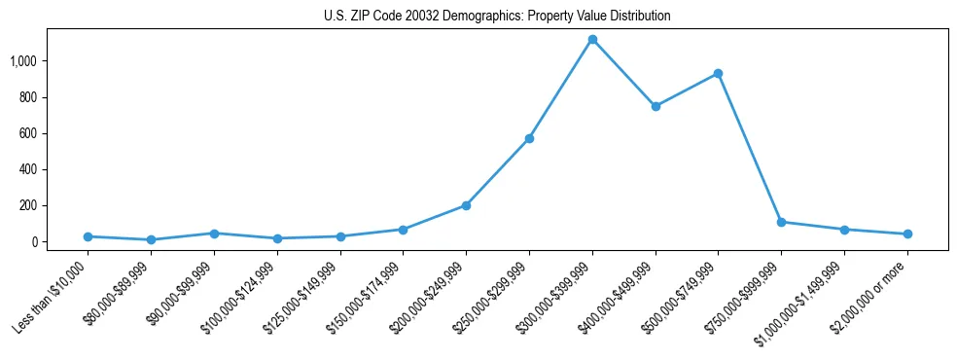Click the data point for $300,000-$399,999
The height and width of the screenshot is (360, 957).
592,40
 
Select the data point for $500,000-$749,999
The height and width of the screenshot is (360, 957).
718,74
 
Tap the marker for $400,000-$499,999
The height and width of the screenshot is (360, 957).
656,106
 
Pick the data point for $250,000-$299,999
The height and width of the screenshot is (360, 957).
529,138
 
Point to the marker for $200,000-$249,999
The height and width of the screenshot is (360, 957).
466,205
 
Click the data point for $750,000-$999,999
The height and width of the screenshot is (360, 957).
781,222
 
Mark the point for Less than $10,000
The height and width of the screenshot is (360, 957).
89,236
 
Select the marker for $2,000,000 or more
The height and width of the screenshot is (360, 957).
907,234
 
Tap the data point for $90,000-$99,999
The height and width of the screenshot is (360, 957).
214,234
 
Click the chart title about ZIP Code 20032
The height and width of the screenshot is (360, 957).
497,17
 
